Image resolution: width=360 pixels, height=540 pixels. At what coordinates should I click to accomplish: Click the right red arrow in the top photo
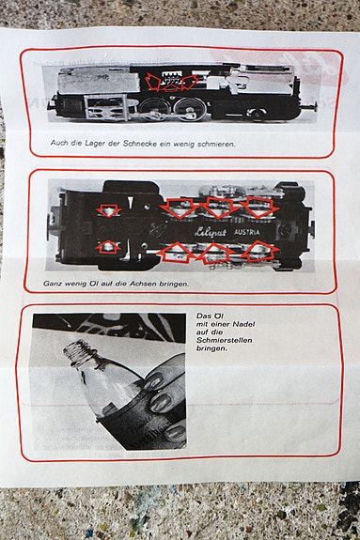click(188, 83)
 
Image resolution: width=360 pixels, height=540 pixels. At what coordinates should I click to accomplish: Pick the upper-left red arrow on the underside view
click(109, 211)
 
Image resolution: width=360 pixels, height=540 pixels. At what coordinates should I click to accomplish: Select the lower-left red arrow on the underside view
click(109, 247)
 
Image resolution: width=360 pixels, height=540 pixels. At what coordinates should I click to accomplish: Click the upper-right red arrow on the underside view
click(258, 207)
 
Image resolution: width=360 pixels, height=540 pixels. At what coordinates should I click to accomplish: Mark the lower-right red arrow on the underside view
click(258, 251)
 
